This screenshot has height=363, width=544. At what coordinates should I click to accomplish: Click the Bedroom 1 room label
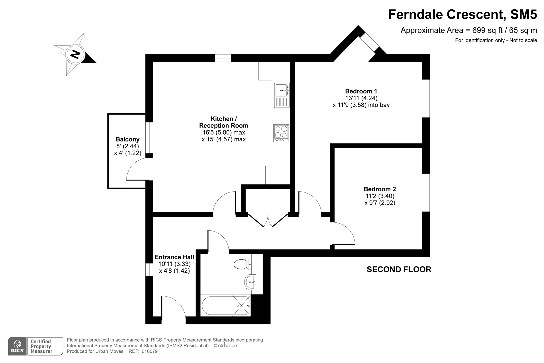pos(361,91)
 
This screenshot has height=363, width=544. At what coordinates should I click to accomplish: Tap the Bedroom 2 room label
pos(380,189)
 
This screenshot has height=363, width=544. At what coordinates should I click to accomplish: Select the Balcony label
pos(127,139)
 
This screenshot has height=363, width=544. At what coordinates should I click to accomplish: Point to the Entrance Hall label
pos(174,257)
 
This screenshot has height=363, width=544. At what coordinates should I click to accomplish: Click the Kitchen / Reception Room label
pos(224,122)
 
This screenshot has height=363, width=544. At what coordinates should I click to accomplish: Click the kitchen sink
pos(282,95)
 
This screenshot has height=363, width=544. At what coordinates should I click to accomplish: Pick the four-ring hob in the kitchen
pos(281,133)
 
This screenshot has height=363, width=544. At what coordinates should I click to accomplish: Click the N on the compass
pos(75,54)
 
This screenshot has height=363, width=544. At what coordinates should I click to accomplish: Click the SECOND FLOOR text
pos(399,269)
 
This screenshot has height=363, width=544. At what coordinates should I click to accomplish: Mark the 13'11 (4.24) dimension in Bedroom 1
pos(361,98)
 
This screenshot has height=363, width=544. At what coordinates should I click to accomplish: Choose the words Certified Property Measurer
pos(41,346)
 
